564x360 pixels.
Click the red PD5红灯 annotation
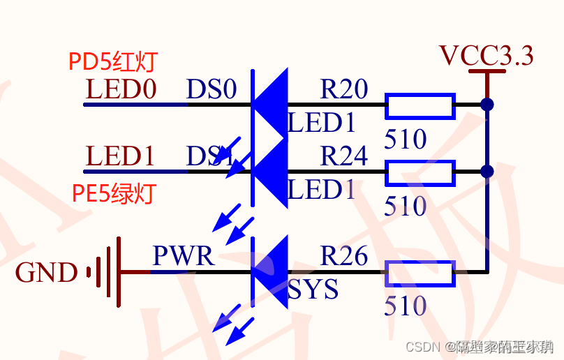point(113,62)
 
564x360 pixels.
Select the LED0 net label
point(121,90)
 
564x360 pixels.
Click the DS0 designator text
point(211,90)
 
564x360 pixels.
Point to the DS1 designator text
point(209,157)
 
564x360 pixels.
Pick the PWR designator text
point(183,256)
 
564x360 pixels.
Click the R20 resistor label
point(343,89)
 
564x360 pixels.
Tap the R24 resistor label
point(343,156)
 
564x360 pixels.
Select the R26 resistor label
point(343,256)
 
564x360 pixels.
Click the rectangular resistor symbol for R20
point(420,105)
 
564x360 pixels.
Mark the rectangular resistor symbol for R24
point(420,172)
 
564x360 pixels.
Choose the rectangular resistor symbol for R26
point(420,273)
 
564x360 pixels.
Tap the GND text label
point(46,273)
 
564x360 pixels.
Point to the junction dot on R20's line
point(487,105)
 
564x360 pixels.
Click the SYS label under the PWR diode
point(313,290)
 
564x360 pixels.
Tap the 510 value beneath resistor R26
point(406,306)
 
